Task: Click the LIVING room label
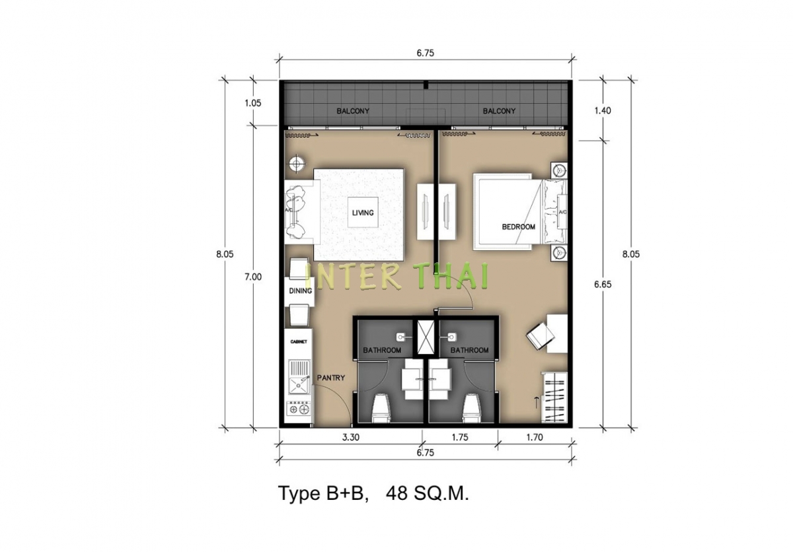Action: (363, 213)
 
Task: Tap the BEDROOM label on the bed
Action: (518, 226)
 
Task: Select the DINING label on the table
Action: (300, 291)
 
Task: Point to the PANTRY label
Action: (330, 378)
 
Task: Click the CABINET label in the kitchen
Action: (299, 341)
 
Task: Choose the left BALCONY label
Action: (353, 111)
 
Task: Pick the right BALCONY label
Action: (499, 111)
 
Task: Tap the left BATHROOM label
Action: (382, 350)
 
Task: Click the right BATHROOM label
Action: (469, 350)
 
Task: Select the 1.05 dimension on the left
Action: (252, 103)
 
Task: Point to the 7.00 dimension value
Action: (253, 277)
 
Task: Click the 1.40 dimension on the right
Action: (603, 111)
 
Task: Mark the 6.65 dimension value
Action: (603, 285)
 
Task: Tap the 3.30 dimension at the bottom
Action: (350, 437)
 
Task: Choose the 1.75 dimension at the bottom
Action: (460, 437)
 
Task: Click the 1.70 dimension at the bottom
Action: (535, 437)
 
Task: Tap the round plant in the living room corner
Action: (297, 163)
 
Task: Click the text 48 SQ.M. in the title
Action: (428, 493)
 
